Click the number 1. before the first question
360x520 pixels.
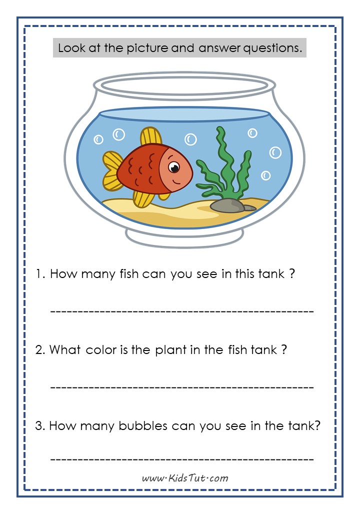pyautogui.click(x=40, y=274)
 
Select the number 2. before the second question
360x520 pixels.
pyautogui.click(x=40, y=350)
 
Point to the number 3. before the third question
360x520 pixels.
pyautogui.click(x=40, y=426)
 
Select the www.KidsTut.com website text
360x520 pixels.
pyautogui.click(x=185, y=478)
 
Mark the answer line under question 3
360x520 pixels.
pyautogui.click(x=182, y=459)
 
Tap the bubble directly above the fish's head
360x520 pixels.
pyautogui.click(x=190, y=139)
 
